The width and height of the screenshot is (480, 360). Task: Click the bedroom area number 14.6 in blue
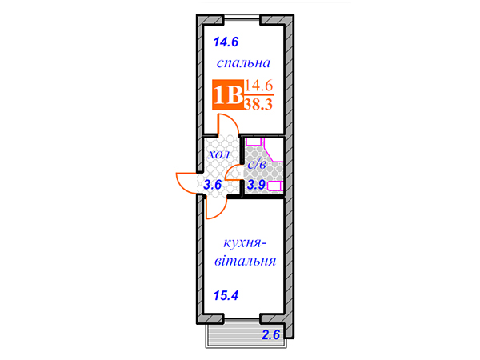226,42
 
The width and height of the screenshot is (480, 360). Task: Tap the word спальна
244,62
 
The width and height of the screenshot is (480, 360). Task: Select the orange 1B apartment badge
228,94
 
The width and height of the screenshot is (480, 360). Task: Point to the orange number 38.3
258,104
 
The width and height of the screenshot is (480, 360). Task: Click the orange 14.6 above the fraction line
258,86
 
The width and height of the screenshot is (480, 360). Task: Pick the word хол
218,154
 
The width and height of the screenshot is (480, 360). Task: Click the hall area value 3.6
213,185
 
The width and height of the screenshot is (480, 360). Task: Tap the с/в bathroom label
257,165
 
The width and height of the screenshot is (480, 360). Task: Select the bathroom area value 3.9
256,185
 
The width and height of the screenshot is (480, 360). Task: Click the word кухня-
245,243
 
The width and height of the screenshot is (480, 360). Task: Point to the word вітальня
246,261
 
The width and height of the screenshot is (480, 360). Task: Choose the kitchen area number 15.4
226,296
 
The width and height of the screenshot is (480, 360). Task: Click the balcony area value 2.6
271,334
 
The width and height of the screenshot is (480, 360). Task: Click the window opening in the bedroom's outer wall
242,19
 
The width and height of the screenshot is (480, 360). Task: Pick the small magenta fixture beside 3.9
275,186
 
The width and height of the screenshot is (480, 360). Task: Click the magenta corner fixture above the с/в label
274,154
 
